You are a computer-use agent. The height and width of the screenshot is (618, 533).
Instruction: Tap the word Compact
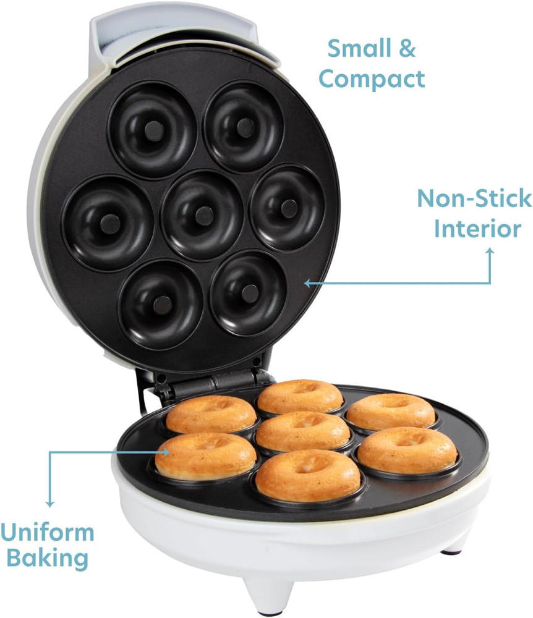coord(372,80)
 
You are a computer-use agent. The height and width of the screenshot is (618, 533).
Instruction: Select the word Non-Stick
coord(474,199)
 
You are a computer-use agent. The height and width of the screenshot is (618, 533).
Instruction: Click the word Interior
coord(477,229)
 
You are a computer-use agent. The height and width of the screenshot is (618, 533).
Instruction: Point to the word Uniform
coord(48,532)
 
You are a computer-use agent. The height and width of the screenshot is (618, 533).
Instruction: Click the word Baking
coord(44,559)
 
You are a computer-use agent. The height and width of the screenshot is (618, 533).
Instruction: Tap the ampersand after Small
coord(406,49)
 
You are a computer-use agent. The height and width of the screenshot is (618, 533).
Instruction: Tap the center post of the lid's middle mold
coord(203,215)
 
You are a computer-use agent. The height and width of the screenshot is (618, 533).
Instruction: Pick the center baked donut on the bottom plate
coord(303,431)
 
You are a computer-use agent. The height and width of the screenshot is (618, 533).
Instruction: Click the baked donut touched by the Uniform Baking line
coord(206,456)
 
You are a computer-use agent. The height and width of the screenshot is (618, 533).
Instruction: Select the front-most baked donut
coord(307,475)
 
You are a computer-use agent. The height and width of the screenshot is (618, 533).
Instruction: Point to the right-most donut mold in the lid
coord(288,207)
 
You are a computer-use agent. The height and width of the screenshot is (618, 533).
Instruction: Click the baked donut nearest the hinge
coord(300,396)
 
